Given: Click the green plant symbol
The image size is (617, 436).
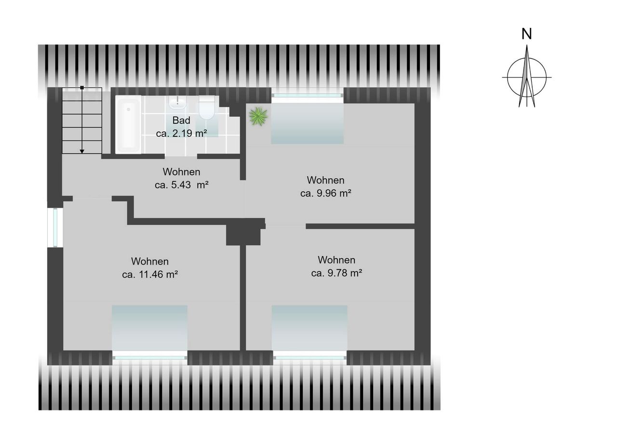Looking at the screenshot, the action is pos(258,117).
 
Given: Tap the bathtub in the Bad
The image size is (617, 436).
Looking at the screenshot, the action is pos(128,124).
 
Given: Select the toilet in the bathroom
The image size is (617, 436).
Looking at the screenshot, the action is pos(207,107).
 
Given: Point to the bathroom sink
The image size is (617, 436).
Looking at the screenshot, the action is pos(178,102).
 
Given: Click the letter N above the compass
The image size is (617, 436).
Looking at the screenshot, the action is pos(527,34).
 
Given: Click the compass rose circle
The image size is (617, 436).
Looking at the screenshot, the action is pos(507,78).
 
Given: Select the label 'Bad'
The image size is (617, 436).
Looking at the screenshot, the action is pos(181,120).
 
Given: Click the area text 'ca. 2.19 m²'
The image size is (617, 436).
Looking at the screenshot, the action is pos(181,133).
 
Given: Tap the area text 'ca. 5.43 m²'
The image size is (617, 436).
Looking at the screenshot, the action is pos(182,185).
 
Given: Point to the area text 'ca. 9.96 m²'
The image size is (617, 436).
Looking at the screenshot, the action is pos(325,193).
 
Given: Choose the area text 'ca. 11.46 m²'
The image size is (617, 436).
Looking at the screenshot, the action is pos(150,275).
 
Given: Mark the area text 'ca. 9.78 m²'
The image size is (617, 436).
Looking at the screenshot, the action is pos(336,273).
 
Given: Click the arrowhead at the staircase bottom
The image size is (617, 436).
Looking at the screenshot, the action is pos(82,151).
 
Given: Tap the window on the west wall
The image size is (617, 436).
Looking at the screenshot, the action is pos(55,227).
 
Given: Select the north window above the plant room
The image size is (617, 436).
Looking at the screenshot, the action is pos(308,95).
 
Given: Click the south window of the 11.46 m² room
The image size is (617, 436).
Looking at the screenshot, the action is pos(150,358).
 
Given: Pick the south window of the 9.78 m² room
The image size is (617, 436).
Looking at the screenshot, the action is pos(310,358).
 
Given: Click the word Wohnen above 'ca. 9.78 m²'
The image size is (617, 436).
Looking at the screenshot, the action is pos(336,260).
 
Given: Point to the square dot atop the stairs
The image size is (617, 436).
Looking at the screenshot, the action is pos(82,88).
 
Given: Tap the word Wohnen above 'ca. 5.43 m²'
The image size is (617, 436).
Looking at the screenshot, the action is pos(181,172).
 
